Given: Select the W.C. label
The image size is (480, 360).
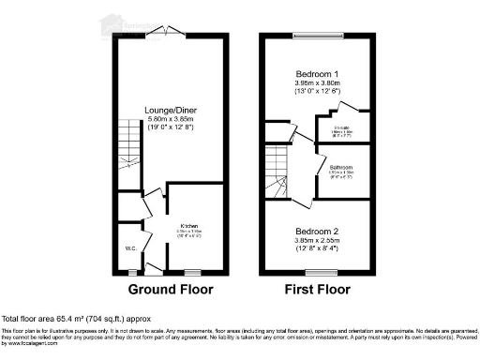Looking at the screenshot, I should [x=130, y=249].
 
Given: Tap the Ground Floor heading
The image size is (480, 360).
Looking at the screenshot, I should [x=170, y=289].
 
